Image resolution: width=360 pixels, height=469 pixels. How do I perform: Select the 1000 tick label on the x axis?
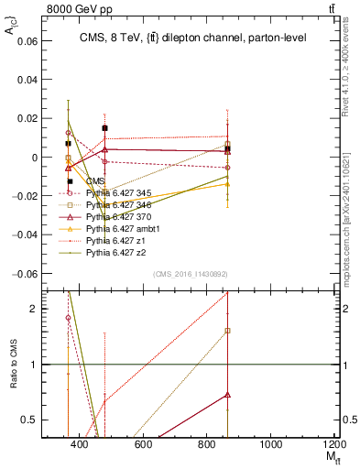[270, 444]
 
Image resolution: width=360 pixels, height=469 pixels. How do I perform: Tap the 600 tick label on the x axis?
[142, 444]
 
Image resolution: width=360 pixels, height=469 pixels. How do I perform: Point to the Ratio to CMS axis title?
[14, 365]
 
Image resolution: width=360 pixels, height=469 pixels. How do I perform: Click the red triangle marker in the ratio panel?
[227, 395]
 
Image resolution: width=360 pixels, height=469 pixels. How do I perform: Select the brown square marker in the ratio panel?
[227, 331]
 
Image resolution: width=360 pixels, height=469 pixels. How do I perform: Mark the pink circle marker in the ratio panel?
[68, 318]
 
